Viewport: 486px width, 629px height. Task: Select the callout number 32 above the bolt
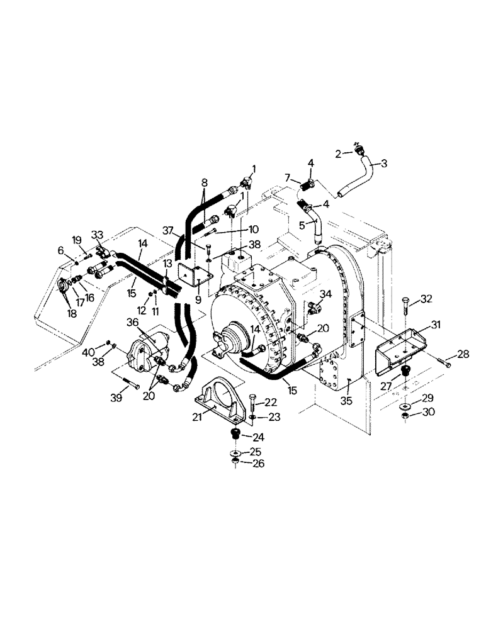(x=427, y=298)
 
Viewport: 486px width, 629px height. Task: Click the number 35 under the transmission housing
(x=346, y=400)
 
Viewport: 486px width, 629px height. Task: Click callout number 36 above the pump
(x=132, y=322)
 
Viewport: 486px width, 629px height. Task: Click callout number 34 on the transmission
(x=325, y=293)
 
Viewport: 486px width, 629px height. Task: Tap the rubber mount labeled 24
(x=235, y=435)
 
